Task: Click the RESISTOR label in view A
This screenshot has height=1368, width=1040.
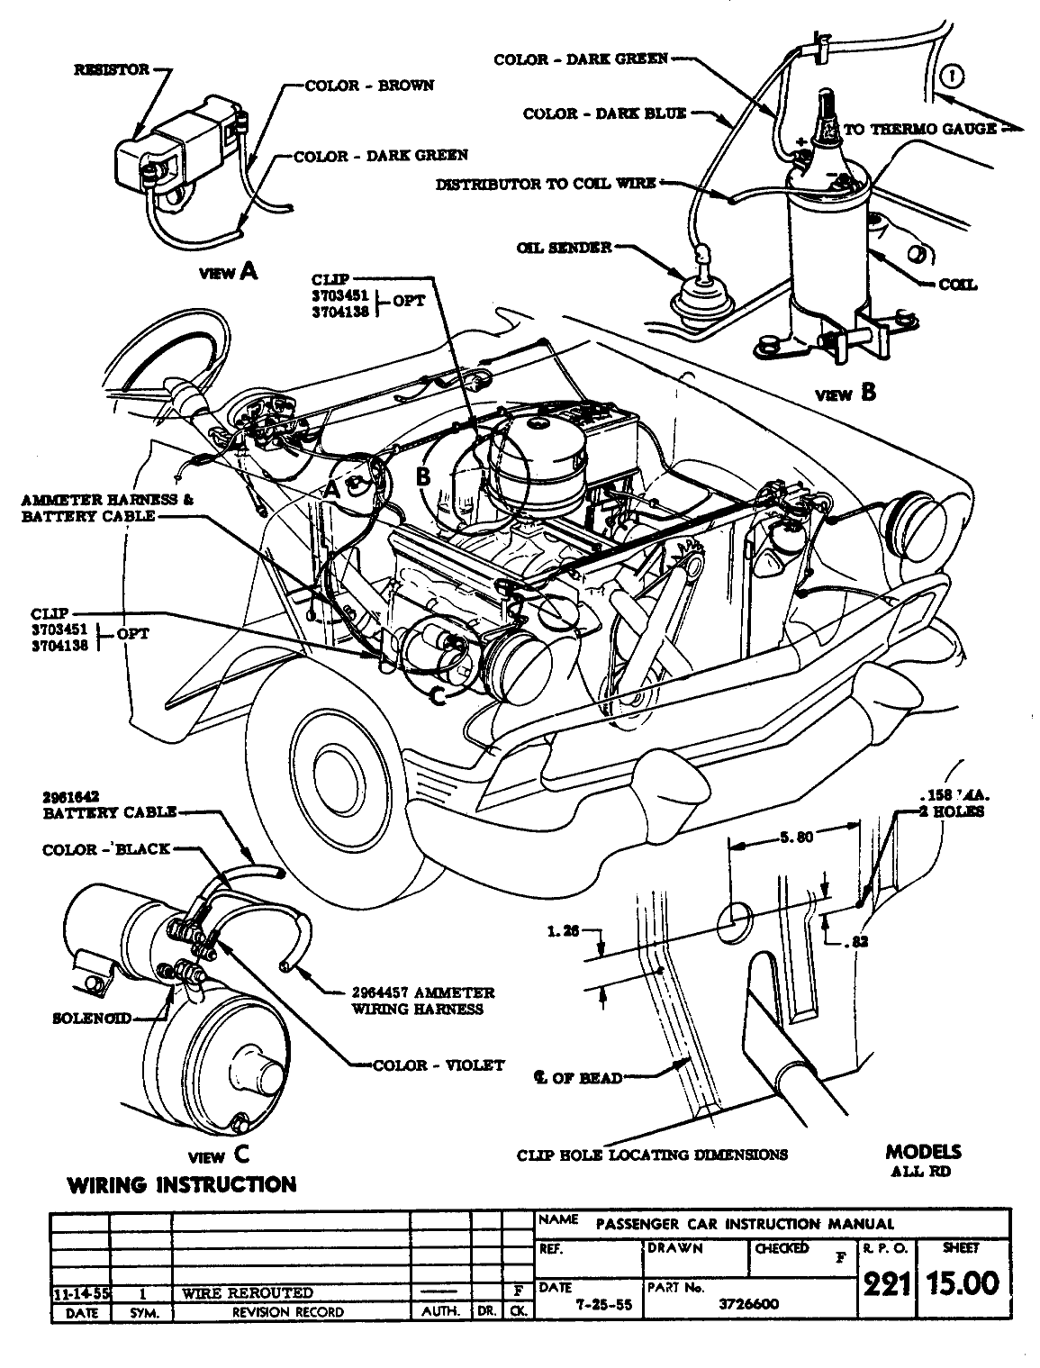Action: coord(112,69)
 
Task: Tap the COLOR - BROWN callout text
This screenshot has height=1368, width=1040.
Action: coord(370,86)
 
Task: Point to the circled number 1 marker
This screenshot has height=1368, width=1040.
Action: coord(954,77)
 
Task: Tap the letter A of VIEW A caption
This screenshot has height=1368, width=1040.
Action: coord(248,271)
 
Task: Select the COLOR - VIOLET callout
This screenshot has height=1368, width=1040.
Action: coord(439,1065)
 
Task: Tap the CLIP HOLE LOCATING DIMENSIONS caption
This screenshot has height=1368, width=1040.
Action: coord(653,1155)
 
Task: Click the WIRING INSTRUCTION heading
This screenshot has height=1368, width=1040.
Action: coord(182,1185)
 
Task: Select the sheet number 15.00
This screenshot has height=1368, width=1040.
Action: coord(963,1282)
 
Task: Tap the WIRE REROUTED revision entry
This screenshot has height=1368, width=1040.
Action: coord(248,1293)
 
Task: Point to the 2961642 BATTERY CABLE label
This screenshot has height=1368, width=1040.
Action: coord(108,804)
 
